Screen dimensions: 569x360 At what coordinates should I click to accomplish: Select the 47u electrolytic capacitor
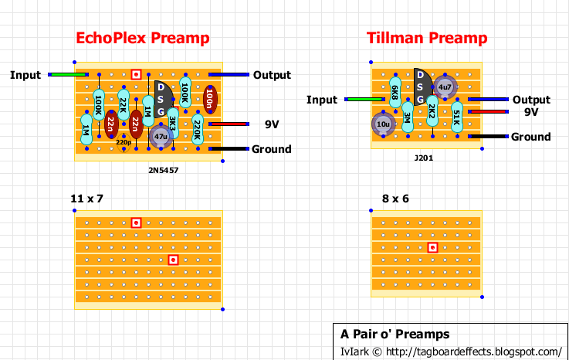pos(161,137)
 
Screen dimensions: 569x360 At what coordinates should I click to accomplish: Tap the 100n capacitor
pos(210,99)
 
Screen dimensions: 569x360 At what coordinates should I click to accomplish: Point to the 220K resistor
pos(198,130)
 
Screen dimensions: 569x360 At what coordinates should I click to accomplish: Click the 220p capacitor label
pos(124,142)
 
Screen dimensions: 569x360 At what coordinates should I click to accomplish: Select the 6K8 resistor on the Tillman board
pos(395,92)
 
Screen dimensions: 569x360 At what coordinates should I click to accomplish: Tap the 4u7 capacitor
pos(445,87)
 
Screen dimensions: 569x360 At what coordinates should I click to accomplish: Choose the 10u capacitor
pos(383,124)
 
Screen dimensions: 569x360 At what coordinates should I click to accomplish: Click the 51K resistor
pos(457,117)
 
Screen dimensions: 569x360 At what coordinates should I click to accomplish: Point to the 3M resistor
pos(408,117)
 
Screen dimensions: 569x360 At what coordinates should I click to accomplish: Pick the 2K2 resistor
pos(432,110)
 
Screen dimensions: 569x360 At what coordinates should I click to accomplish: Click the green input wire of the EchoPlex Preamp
pos(68,75)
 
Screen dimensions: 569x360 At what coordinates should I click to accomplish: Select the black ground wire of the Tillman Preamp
pos(488,137)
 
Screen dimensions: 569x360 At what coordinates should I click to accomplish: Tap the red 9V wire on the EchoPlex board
pos(229,124)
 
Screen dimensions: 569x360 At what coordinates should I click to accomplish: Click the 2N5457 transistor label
pos(164,170)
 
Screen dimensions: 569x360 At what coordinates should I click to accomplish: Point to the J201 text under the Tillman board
pos(424,158)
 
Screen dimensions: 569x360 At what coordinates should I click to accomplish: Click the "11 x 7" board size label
pos(86,199)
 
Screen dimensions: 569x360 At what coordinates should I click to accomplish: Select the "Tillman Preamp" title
pos(427,38)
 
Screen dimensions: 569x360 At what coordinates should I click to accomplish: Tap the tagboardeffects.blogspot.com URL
pos(473,352)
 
